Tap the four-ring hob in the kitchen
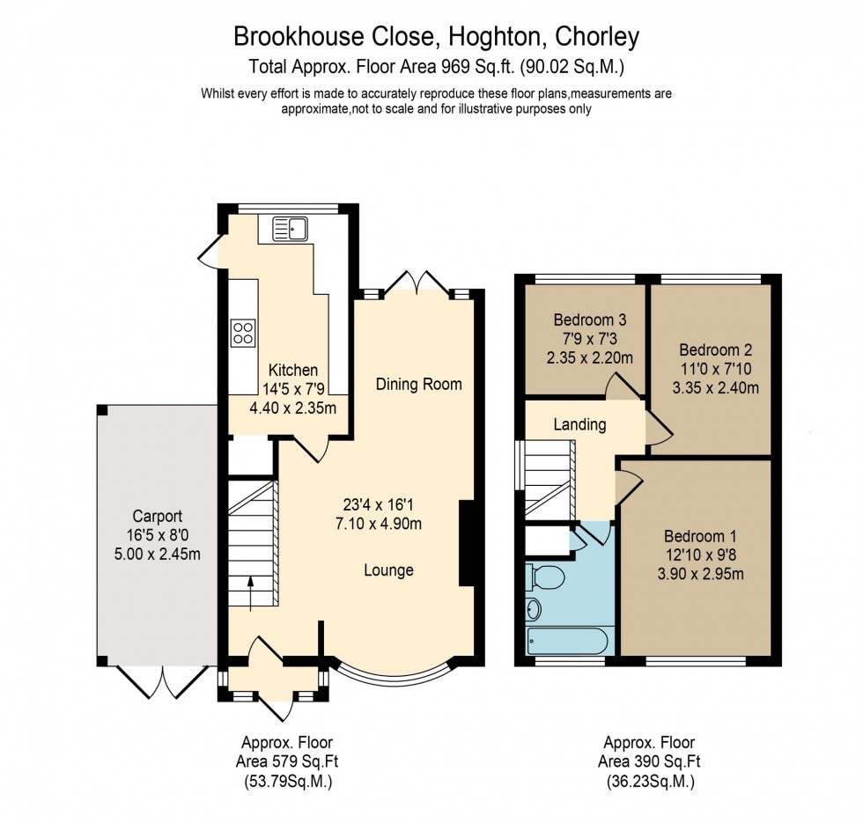click(242, 332)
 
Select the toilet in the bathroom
click(547, 577)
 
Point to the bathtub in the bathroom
click(566, 639)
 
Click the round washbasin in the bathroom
click(534, 608)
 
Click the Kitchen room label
click(293, 371)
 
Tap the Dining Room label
click(418, 384)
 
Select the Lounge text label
click(388, 570)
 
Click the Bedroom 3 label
click(589, 319)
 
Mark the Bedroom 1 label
click(697, 537)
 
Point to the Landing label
click(579, 425)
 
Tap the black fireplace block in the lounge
click(467, 543)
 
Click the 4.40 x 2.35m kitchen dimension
click(293, 408)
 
